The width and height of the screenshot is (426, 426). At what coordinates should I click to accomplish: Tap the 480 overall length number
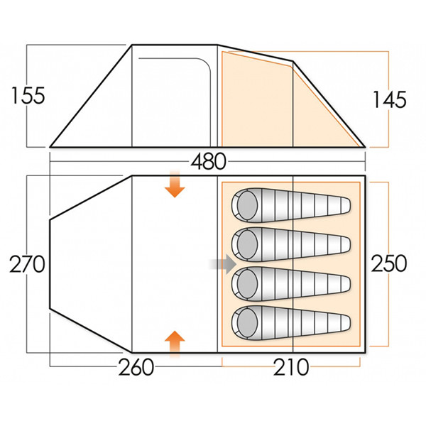click(208, 162)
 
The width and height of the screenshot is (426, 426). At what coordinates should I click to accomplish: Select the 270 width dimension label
click(28, 265)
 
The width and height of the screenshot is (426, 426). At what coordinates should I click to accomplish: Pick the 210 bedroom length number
click(290, 368)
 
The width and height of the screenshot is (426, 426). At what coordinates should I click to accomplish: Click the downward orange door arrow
click(174, 187)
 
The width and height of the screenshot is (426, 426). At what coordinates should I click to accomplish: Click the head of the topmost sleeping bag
click(246, 205)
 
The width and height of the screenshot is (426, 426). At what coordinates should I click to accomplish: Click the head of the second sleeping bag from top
click(246, 244)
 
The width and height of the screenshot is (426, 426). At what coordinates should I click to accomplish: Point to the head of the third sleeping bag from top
click(246, 283)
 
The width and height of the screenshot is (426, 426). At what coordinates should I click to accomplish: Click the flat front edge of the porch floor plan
click(50, 264)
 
